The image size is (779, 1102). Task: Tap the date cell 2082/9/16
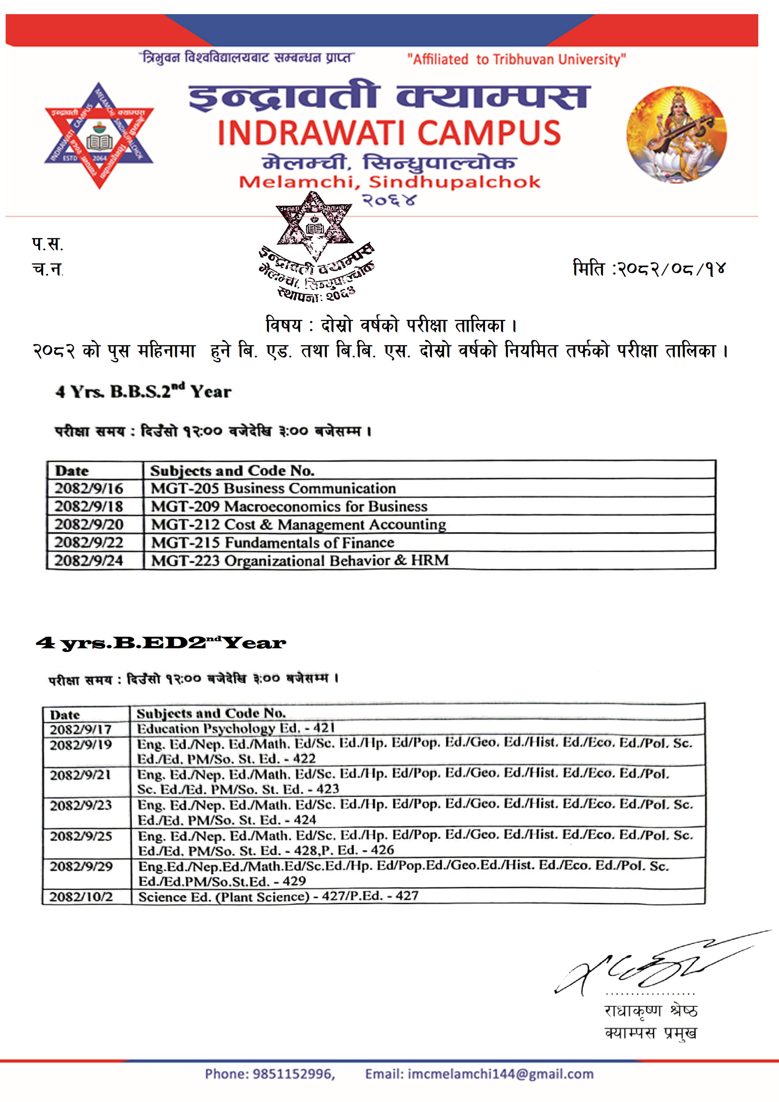(89, 488)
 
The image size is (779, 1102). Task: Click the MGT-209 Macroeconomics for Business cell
(289, 506)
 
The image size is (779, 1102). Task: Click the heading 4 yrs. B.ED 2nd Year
(161, 643)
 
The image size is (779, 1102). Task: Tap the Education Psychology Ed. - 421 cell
(236, 728)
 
